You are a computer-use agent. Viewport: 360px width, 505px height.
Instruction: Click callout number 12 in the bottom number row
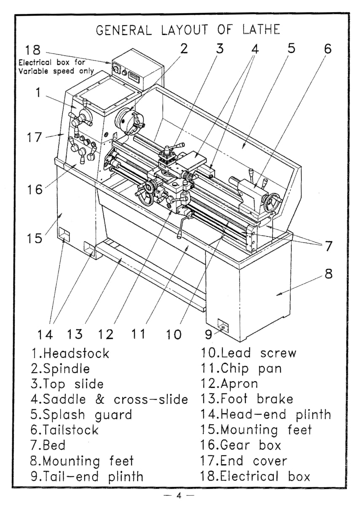(x=106, y=334)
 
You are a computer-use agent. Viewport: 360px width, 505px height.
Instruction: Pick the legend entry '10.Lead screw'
(x=248, y=353)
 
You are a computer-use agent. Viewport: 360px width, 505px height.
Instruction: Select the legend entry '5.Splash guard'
(x=81, y=415)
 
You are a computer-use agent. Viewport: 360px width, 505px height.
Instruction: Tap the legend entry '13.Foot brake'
(x=247, y=399)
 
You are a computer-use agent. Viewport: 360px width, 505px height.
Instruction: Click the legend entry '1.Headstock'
(x=70, y=353)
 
